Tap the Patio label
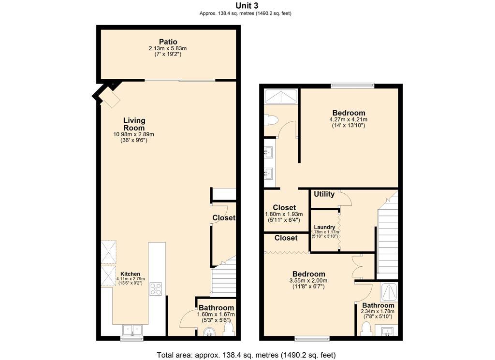click(x=168, y=42)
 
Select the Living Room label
click(x=134, y=124)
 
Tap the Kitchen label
click(x=131, y=274)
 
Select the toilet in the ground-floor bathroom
click(x=229, y=330)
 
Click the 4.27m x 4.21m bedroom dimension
click(x=348, y=119)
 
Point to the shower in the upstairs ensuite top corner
click(x=281, y=97)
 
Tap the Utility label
click(x=324, y=194)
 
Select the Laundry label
click(x=324, y=227)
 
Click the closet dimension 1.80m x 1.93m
click(x=284, y=214)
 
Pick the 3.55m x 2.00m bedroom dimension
click(x=308, y=280)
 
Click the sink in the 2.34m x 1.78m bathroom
click(x=387, y=331)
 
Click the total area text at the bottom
click(x=246, y=355)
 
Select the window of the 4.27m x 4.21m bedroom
click(x=352, y=86)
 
